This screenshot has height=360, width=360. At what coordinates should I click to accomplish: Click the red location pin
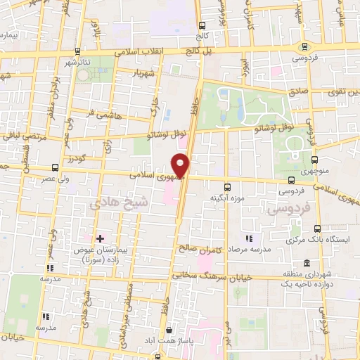[x=182, y=165]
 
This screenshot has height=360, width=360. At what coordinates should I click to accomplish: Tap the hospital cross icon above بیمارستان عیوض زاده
[x=100, y=239]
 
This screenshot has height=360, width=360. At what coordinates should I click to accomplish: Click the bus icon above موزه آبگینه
[x=226, y=187]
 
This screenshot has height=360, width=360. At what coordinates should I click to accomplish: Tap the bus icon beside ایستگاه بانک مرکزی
[x=317, y=229]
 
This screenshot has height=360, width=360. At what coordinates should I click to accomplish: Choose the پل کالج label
[x=189, y=51]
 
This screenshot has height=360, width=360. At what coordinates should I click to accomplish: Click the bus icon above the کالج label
[x=202, y=24]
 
